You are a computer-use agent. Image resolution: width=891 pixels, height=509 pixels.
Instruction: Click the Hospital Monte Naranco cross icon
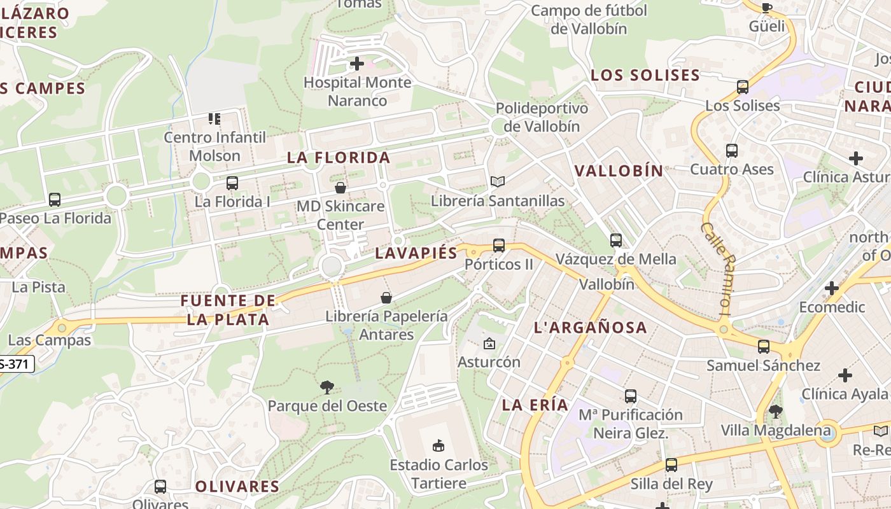[357, 64]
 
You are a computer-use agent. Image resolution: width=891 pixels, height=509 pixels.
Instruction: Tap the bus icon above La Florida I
[232, 183]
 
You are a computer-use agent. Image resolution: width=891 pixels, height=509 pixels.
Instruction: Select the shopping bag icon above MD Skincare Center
[340, 188]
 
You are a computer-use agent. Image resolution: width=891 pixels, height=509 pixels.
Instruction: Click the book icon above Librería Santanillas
[498, 182]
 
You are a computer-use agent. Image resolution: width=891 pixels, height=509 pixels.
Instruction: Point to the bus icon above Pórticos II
[499, 245]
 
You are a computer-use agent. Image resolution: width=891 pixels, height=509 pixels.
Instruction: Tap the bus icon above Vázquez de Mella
[615, 240]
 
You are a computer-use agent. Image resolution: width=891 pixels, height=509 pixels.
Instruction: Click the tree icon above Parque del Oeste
[327, 387]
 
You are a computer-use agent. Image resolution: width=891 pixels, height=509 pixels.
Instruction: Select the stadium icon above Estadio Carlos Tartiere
[438, 445]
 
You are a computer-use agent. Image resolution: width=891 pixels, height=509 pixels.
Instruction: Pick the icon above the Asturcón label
[489, 344]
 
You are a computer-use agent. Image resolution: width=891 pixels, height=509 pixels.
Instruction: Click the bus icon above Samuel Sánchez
[764, 347]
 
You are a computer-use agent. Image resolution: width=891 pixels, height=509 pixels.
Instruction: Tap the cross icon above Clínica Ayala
[845, 375]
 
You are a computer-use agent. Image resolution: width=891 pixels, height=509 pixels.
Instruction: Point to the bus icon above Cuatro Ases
[732, 151]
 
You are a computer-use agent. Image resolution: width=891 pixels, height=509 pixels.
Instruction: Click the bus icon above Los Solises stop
[742, 87]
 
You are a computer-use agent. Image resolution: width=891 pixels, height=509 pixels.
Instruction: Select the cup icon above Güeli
[766, 8]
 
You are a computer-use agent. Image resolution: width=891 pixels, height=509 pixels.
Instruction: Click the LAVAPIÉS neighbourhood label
[416, 253]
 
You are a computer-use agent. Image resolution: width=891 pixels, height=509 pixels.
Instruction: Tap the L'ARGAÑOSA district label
[590, 328]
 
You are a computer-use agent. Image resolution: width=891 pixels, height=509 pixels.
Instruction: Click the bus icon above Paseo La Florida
[55, 200]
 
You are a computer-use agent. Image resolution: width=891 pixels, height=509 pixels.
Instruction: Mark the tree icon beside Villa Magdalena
[775, 412]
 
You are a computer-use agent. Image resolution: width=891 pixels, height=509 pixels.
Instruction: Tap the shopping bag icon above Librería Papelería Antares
[386, 297]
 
